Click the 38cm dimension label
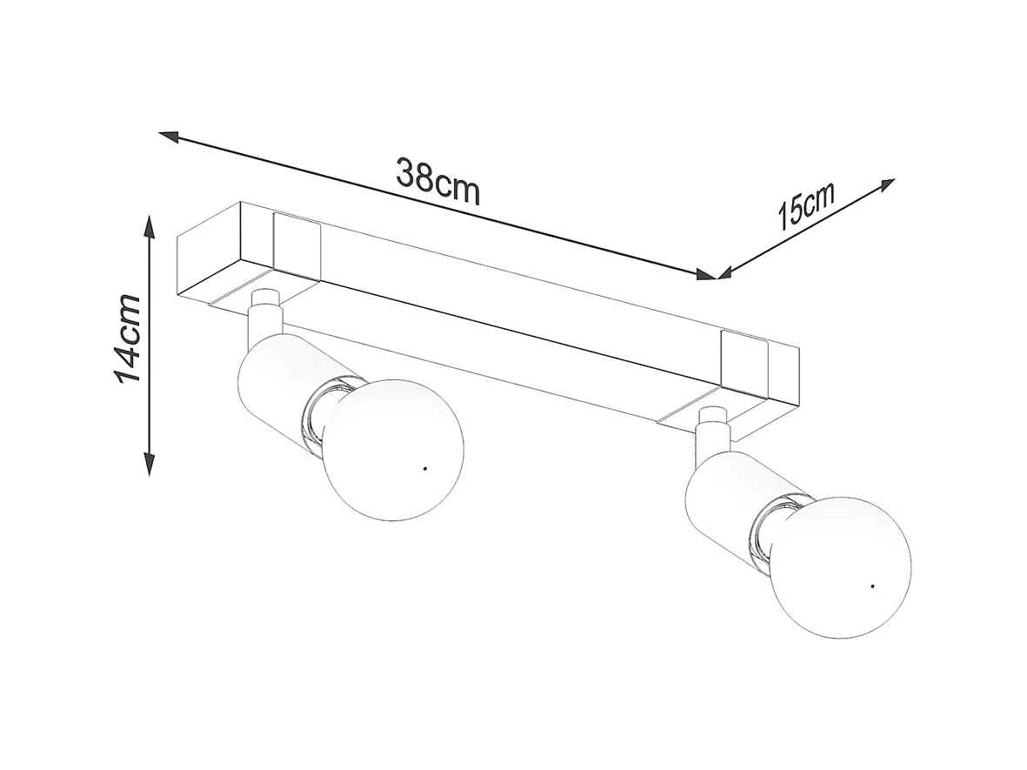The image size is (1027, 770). click(437, 181)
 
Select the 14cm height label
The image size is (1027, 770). click(128, 338)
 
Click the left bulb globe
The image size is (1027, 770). click(395, 448)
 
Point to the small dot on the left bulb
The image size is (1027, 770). click(423, 469)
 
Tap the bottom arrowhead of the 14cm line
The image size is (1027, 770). click(150, 466)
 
